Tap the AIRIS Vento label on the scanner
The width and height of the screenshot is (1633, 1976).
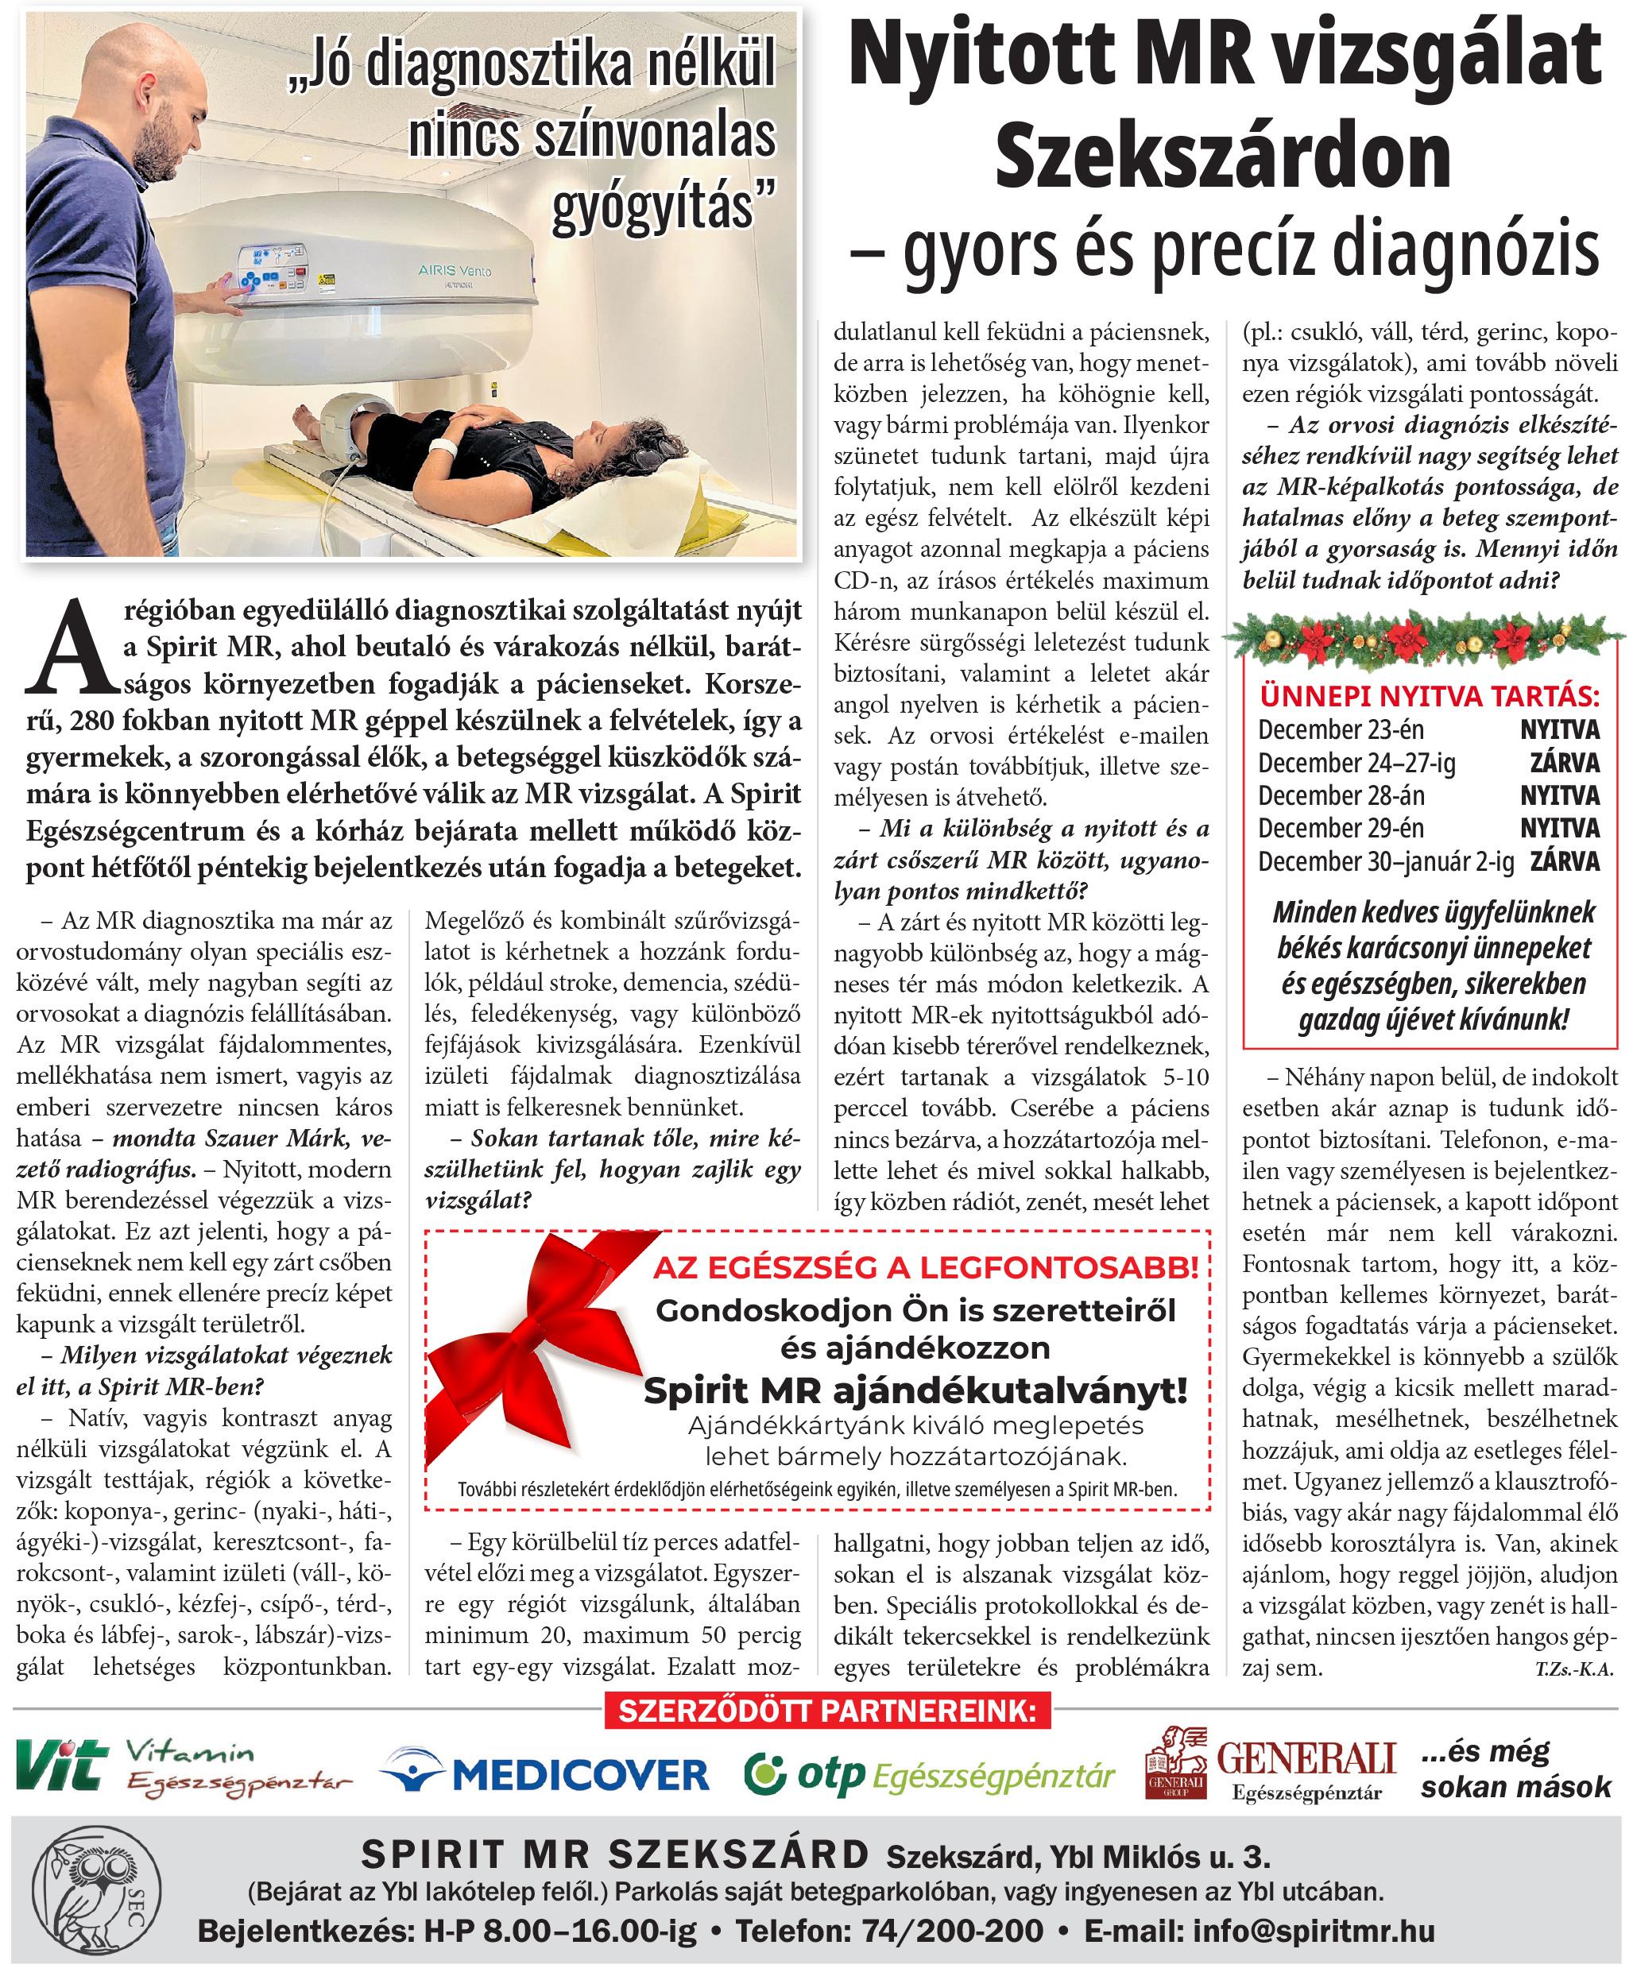click(x=455, y=271)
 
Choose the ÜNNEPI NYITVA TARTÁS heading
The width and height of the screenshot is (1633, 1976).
click(x=1429, y=696)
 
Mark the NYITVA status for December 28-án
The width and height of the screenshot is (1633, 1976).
click(x=1560, y=795)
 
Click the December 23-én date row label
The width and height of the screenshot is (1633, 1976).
click(x=1341, y=729)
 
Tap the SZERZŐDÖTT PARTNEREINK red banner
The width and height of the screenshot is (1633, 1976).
click(x=827, y=1710)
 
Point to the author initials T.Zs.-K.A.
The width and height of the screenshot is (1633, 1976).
click(x=1573, y=1669)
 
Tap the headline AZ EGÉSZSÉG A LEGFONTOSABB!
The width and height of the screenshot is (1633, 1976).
click(x=926, y=1268)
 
